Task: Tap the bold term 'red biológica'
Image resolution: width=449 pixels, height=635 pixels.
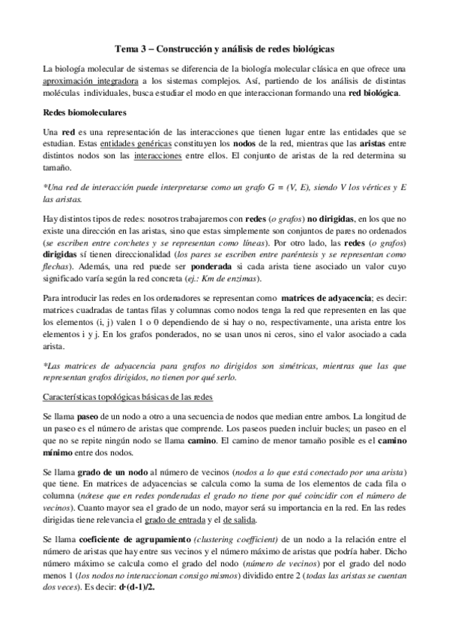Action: coord(373,92)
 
